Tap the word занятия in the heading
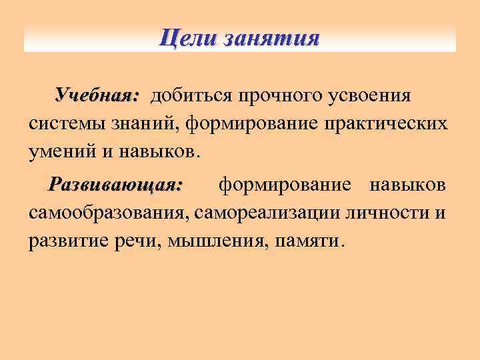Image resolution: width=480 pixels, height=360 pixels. (x=272, y=37)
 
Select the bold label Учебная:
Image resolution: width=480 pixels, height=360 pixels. (x=97, y=96)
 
